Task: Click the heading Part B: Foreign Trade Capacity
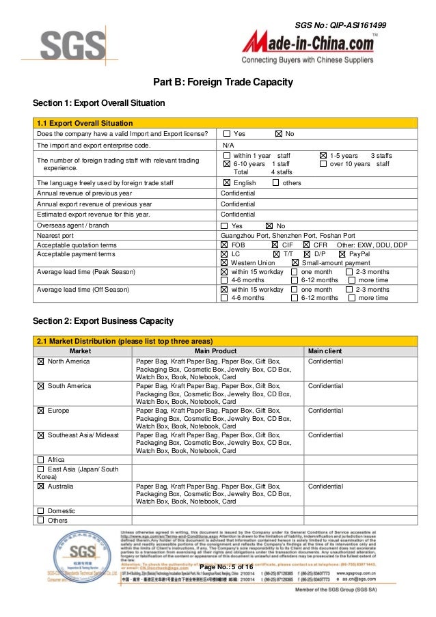[222, 83]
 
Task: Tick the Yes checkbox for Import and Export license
[226, 134]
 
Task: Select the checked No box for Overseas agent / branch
[269, 225]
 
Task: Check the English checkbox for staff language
[226, 183]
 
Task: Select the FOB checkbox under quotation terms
[225, 245]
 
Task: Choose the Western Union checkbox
[225, 263]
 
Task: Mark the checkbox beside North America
[41, 361]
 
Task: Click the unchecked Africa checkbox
[41, 460]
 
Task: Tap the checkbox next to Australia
[41, 486]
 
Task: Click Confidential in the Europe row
[325, 410]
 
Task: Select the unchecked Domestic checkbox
[41, 510]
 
